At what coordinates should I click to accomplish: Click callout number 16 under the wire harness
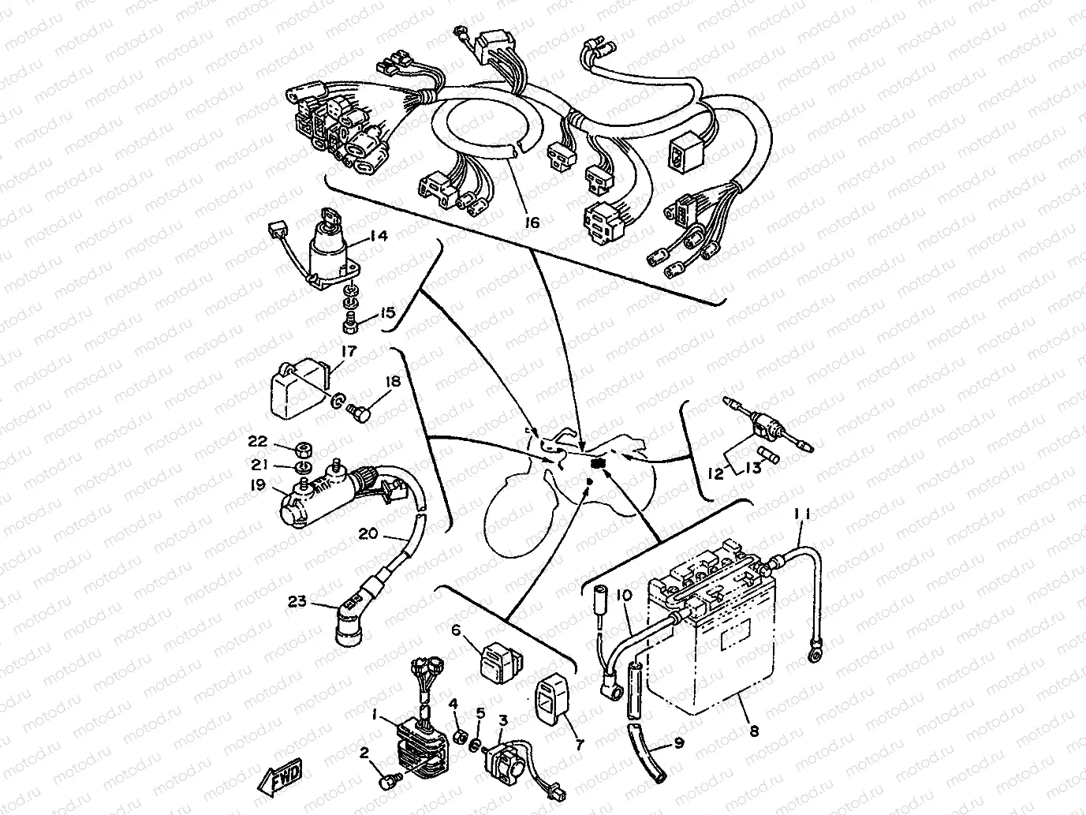point(532,223)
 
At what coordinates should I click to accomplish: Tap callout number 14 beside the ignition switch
point(379,234)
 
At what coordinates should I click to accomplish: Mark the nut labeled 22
point(301,450)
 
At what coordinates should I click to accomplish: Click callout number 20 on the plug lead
point(368,533)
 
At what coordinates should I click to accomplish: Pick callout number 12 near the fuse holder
point(715,474)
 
